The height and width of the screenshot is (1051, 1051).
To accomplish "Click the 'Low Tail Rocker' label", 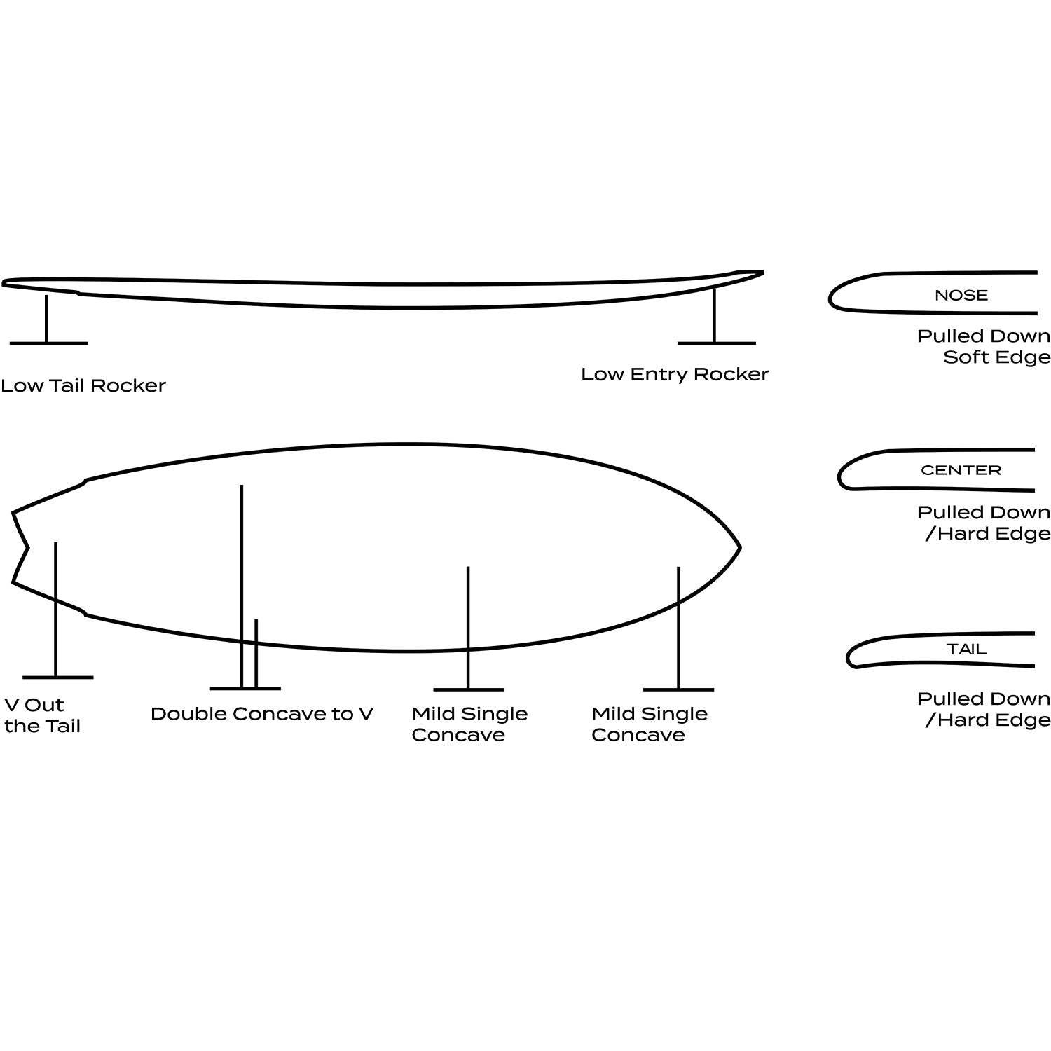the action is pos(83,385).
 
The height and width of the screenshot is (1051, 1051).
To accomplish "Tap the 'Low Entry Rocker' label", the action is pos(675,374).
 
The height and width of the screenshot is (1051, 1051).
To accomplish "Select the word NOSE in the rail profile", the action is pos(961,296).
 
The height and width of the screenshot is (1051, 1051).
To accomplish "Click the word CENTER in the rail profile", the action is pos(961,470).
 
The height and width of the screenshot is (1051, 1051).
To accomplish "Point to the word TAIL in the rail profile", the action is pos(967,650).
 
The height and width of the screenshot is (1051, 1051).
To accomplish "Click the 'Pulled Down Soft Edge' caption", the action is pos(984,347).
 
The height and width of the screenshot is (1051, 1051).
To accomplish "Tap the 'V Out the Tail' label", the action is pos(42,715).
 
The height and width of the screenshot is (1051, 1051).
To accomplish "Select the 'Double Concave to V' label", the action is pos(262,714).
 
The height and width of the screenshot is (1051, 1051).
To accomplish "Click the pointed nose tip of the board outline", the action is pos(740,547).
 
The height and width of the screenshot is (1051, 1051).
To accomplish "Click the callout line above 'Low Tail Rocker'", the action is pos(46,319).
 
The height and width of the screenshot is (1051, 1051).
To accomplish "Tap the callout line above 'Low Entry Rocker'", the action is pos(714,315).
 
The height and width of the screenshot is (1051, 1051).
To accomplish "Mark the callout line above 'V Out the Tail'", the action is pos(55,610).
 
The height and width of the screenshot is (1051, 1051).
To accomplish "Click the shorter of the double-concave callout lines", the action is pos(256,654).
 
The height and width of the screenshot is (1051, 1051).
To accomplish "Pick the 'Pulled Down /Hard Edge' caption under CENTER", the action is pos(984,523).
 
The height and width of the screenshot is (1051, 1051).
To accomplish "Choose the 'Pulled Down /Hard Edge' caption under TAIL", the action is pos(984,709).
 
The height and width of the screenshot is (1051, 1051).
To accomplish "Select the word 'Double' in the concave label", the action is pos(188,714).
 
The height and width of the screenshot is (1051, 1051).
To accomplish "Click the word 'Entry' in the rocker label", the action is pos(659,375).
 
